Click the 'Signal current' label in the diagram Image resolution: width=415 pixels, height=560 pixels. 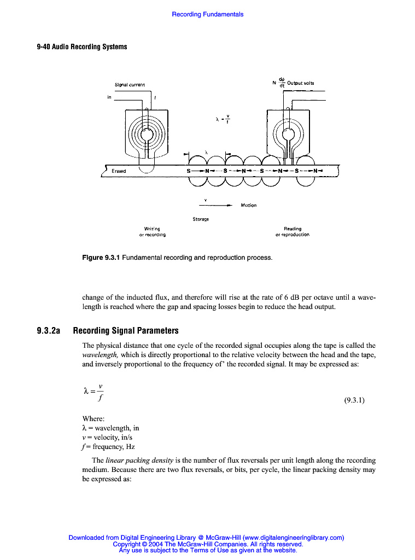(130, 85)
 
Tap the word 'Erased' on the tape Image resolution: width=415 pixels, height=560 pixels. (119, 171)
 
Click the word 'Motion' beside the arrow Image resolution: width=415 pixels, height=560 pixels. (248, 206)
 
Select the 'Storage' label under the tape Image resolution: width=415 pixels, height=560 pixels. (201, 219)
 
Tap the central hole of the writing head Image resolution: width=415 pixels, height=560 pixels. (147, 135)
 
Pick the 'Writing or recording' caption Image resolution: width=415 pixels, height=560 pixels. (152, 231)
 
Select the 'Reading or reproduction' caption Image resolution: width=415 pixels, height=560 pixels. (293, 231)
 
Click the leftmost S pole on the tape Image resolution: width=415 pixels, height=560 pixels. (189, 171)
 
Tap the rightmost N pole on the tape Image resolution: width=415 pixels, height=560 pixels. (315, 171)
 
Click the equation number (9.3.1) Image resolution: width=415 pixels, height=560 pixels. (354, 400)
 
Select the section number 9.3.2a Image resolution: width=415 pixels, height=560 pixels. (48, 331)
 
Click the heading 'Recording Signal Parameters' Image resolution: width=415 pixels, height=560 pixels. (126, 331)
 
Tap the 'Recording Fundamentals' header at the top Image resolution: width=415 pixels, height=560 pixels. (208, 14)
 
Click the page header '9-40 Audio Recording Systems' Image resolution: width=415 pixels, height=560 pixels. (82, 46)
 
